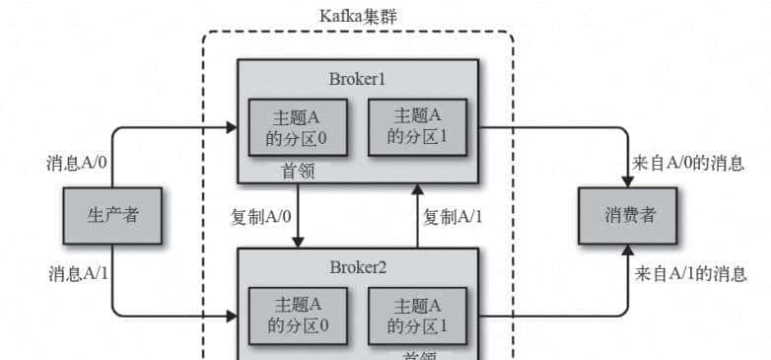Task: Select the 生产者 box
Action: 111,216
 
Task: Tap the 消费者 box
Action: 629,216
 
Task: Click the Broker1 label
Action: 358,78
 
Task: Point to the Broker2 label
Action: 358,267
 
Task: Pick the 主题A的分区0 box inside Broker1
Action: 298,126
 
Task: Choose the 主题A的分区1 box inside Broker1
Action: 417,126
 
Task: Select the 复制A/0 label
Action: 259,216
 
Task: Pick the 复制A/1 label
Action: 453,216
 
